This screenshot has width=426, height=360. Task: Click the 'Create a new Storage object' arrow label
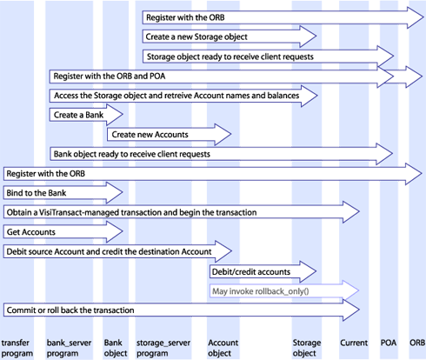click(x=196, y=37)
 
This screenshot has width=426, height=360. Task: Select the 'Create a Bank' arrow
click(x=86, y=115)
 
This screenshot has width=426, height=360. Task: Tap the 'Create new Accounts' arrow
click(x=169, y=135)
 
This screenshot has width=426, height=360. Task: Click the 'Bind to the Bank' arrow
click(x=63, y=193)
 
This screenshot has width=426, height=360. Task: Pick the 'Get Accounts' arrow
click(x=63, y=232)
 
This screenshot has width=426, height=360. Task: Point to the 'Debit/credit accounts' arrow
click(x=263, y=271)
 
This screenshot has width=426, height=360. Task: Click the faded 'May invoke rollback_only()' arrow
click(x=284, y=291)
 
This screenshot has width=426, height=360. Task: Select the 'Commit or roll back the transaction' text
click(x=70, y=310)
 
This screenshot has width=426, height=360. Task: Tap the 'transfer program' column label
click(x=17, y=348)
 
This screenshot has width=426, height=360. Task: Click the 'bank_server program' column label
click(x=69, y=348)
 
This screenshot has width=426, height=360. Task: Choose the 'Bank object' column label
click(x=116, y=348)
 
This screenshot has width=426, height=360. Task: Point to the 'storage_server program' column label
click(x=163, y=348)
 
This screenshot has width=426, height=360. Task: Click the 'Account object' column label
click(x=223, y=348)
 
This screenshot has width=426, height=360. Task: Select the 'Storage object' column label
click(x=307, y=348)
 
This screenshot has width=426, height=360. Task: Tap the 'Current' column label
click(x=354, y=343)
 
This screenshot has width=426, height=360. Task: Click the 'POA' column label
click(x=389, y=343)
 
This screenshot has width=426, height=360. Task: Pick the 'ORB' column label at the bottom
click(x=417, y=343)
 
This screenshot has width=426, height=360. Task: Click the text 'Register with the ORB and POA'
click(x=110, y=77)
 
